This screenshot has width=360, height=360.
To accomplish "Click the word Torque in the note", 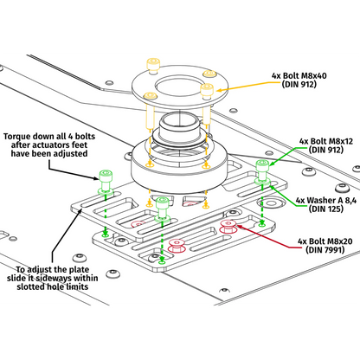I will click(19, 137).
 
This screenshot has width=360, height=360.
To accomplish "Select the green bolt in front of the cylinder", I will click(162, 203).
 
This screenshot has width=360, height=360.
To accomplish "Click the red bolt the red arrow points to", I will click(228, 229).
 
